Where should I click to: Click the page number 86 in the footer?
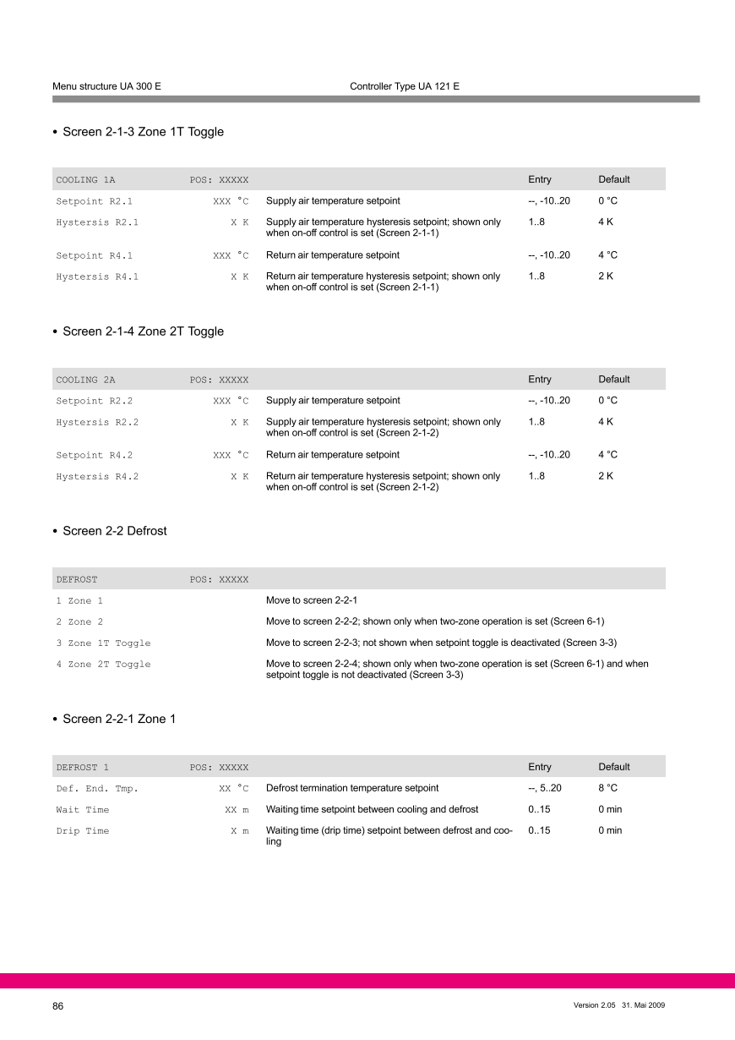[58, 1006]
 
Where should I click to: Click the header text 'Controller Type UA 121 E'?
[405, 86]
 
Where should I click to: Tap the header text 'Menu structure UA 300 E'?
[106, 86]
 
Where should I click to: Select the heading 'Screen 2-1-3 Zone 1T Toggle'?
[143, 132]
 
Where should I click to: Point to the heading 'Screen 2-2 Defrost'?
[115, 531]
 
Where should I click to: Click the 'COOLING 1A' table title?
[85, 180]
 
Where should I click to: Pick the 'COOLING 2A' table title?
[85, 380]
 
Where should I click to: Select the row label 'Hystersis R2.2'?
[97, 422]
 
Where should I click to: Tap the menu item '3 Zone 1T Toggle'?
[103, 643]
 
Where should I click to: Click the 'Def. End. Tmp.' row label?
[97, 789]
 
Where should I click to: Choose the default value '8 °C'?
[607, 788]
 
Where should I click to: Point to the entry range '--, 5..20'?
[544, 788]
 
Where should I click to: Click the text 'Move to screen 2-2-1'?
[312, 600]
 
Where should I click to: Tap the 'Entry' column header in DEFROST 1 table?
[539, 767]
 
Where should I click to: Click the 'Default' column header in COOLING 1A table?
[613, 179]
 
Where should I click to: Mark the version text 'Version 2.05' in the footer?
[596, 1005]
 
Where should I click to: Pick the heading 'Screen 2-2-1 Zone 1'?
[119, 719]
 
